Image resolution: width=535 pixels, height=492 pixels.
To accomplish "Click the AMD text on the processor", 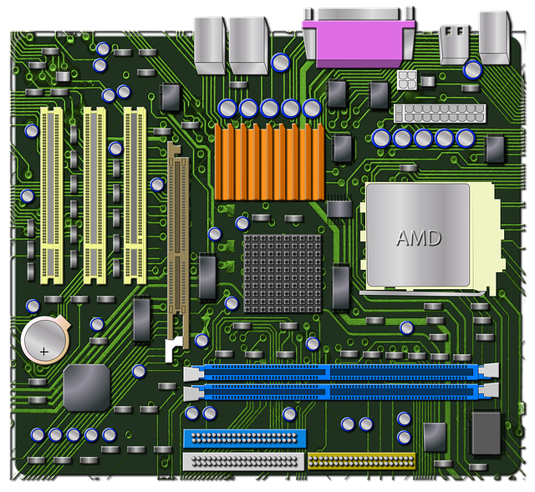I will (x=418, y=238).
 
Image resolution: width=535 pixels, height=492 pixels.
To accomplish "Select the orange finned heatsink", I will (x=268, y=161).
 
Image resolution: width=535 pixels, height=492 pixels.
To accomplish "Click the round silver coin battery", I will (x=43, y=340).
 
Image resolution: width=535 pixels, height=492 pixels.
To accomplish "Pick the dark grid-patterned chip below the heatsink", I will (x=282, y=272).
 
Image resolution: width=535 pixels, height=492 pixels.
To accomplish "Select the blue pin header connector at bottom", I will (x=244, y=438).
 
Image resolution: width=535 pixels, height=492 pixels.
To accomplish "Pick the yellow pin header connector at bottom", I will (x=361, y=459).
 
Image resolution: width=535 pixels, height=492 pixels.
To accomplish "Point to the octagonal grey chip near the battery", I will (x=86, y=387).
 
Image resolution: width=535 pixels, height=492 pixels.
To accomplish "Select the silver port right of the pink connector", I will (x=452, y=43).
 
